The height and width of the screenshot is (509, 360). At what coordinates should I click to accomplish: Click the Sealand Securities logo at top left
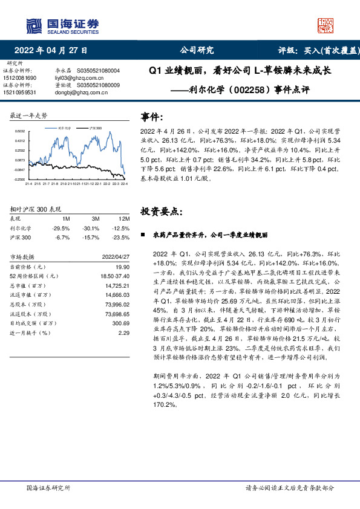(61, 25)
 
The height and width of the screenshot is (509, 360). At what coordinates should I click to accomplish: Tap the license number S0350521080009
(99, 86)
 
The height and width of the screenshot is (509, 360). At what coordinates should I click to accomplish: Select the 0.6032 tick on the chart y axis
(20, 131)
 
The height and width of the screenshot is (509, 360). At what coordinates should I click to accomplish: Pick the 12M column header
(125, 218)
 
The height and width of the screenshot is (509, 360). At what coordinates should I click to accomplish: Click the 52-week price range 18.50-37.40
(115, 276)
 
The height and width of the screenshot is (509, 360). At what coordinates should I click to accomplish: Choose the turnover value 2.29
(125, 332)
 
